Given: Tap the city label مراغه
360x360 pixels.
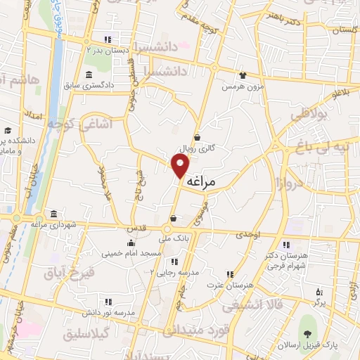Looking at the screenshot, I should (x=212, y=181).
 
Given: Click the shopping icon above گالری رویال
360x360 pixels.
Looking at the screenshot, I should (x=196, y=138).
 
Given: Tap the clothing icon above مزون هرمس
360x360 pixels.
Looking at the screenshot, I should (x=243, y=75).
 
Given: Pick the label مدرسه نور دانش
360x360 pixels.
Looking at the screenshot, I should (x=114, y=311).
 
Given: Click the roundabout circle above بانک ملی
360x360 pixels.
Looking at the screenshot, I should (x=169, y=229).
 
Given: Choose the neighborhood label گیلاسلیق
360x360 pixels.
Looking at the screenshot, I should (x=87, y=333).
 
